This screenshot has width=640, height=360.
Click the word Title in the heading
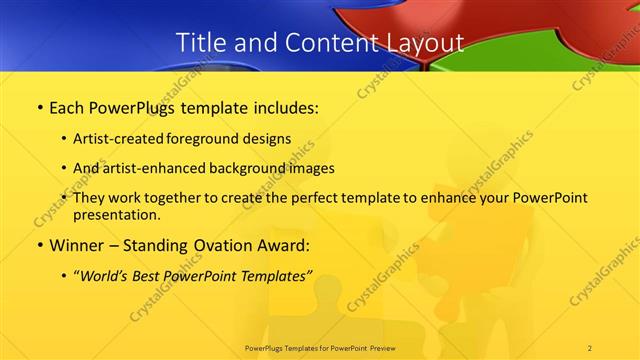(200, 43)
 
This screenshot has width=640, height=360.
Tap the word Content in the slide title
(316, 43)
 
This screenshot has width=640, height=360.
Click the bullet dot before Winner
(39, 245)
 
